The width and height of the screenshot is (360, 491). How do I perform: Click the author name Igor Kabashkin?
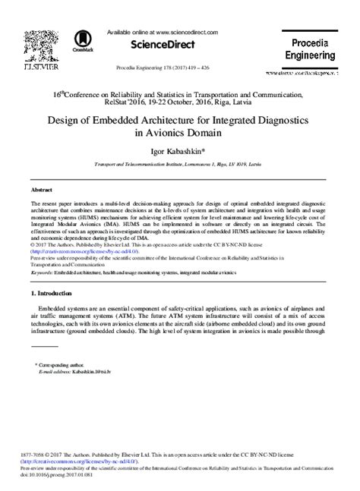coord(180,150)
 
